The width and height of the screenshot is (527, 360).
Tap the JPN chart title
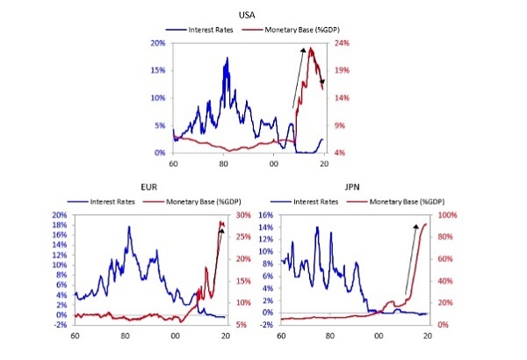pos(350,187)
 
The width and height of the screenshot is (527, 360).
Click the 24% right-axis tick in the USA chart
pos(342,42)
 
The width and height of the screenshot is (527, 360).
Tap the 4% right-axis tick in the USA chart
pos(340,153)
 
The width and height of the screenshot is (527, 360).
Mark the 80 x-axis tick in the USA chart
pos(224,162)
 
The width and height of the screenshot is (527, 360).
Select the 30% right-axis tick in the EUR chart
pos(241,215)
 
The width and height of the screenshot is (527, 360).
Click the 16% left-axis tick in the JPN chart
pos(263,215)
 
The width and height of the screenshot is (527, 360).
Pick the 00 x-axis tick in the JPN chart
pos(379,335)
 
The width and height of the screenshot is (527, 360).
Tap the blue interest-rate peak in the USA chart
pos(227,60)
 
